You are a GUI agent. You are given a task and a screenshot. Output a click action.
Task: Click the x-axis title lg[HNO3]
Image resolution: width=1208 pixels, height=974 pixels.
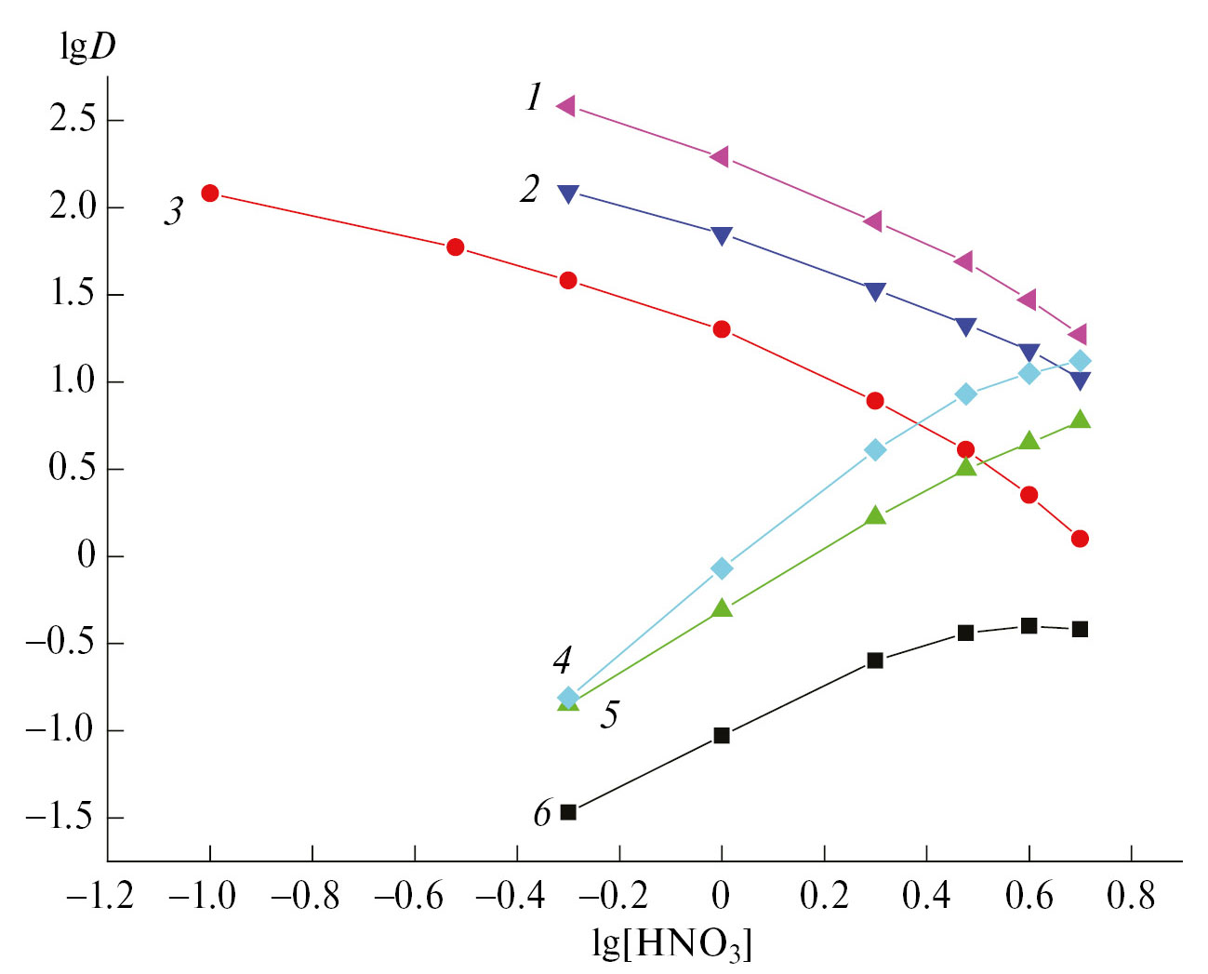[671, 943]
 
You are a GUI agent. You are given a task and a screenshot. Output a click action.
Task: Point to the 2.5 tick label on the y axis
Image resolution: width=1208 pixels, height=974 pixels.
[73, 120]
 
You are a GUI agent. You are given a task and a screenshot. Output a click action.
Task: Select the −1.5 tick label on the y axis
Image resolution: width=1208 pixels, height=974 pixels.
[60, 818]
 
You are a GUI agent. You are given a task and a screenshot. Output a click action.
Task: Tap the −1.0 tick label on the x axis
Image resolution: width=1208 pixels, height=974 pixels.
[202, 896]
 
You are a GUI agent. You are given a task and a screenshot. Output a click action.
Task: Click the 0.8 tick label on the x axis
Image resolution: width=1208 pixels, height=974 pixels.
[1131, 896]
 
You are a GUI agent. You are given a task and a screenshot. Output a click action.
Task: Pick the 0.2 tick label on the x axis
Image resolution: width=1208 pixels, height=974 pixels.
[824, 896]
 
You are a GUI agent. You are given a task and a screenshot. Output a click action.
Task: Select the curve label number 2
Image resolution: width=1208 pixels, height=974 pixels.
[529, 189]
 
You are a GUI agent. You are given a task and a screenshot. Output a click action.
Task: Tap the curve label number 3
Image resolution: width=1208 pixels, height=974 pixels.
[174, 212]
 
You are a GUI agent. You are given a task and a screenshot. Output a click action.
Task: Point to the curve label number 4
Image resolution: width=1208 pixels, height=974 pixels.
[562, 660]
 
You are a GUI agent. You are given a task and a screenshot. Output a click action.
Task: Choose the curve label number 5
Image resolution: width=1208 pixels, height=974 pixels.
[609, 714]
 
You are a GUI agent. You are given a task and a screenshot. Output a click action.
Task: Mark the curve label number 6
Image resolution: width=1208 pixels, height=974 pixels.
[542, 814]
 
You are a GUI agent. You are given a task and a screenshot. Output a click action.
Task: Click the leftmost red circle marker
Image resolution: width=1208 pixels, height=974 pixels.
[210, 193]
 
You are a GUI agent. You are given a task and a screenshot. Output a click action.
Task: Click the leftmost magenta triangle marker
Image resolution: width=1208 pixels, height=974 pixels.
[565, 106]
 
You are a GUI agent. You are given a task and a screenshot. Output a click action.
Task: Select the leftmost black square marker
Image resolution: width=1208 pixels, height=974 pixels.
[568, 812]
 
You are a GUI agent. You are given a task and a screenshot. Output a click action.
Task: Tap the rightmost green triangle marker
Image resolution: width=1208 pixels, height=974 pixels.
[1080, 420]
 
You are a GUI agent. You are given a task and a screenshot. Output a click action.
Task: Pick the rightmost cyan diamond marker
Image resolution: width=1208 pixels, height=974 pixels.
[1080, 361]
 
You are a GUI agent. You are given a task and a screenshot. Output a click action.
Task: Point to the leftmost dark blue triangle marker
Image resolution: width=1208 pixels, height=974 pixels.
[568, 193]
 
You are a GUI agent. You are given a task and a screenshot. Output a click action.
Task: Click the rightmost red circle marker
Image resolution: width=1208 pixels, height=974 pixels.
[1080, 539]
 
